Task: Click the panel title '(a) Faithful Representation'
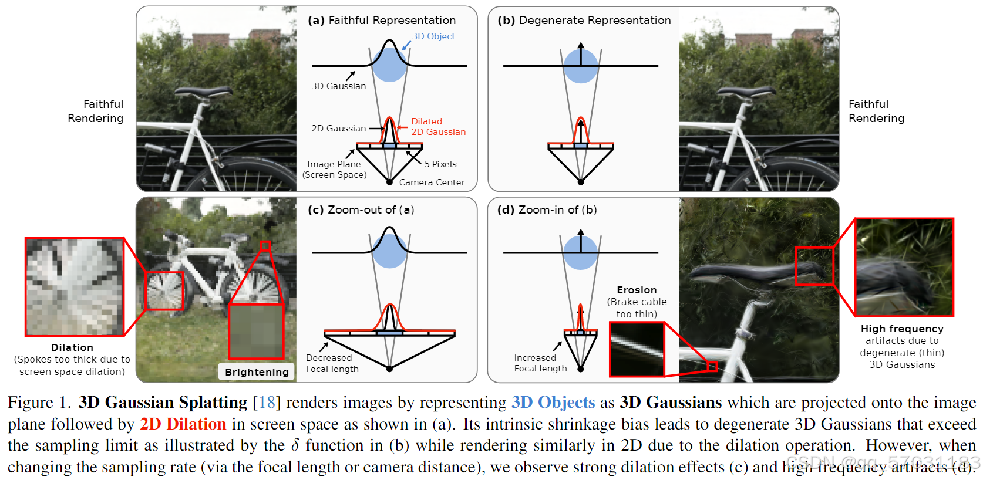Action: click(x=382, y=21)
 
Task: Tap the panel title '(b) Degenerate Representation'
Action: click(x=584, y=21)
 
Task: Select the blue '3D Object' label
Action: click(x=433, y=36)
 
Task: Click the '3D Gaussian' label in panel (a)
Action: click(x=338, y=86)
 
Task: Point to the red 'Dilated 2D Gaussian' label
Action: click(x=438, y=127)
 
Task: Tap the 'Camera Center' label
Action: click(x=432, y=182)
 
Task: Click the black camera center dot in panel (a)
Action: click(x=389, y=182)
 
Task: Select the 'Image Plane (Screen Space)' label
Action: click(x=334, y=170)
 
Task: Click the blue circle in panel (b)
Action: click(x=581, y=66)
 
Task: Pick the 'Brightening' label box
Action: click(x=257, y=372)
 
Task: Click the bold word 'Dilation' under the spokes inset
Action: click(x=72, y=347)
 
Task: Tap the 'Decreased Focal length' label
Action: click(x=332, y=363)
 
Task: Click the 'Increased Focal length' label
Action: click(x=540, y=363)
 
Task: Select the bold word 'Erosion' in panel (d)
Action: click(x=637, y=290)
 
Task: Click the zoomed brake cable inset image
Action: click(x=637, y=349)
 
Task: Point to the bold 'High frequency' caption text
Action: click(x=902, y=329)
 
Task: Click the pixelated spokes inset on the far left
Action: click(x=75, y=287)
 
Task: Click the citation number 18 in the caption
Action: click(x=267, y=403)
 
